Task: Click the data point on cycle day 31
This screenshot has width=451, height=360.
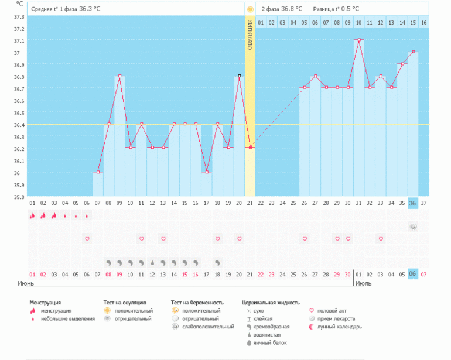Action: [x=358, y=40]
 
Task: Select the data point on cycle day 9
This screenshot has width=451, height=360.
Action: [x=119, y=76]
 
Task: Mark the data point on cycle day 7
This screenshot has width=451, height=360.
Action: [x=98, y=172]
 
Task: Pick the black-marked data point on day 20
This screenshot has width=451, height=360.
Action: [x=239, y=76]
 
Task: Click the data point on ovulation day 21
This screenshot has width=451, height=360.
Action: [x=250, y=148]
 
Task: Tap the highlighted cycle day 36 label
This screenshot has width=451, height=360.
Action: [x=413, y=203]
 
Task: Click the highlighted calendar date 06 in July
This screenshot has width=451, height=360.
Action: [x=413, y=274]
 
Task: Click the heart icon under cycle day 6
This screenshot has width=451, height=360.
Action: [x=87, y=239]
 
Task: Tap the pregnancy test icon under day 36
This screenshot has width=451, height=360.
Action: [x=413, y=227]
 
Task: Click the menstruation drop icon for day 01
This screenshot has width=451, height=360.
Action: [x=32, y=215]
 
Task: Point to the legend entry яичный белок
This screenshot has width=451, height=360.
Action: [x=270, y=342]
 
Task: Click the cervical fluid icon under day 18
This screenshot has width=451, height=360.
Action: [x=217, y=263]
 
